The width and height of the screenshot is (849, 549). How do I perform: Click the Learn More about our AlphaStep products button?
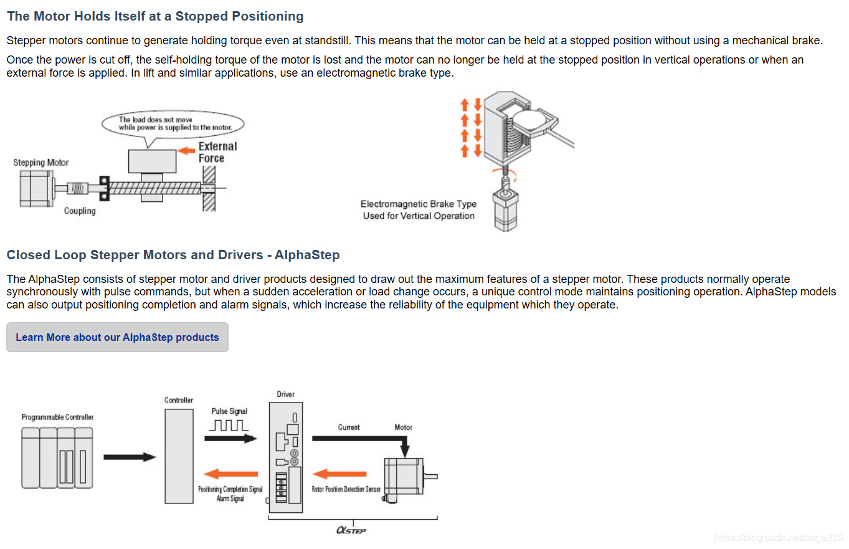[117, 337]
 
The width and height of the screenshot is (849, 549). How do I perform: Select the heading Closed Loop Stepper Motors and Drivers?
[173, 255]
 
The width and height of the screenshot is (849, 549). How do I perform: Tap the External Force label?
[217, 152]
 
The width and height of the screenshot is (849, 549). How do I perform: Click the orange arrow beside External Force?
[187, 150]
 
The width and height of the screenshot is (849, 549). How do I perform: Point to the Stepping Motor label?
[41, 163]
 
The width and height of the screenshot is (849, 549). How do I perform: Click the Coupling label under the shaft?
[80, 211]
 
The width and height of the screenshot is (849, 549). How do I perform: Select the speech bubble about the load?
[173, 123]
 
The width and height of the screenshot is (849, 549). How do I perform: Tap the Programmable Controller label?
[57, 417]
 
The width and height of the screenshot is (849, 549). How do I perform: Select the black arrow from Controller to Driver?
[230, 439]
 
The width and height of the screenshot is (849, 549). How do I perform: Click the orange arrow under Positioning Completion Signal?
[231, 474]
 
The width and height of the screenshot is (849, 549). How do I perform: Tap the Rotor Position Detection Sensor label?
[346, 489]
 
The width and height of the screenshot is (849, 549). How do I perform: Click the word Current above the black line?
[349, 427]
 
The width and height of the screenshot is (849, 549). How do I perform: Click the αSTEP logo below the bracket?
[351, 530]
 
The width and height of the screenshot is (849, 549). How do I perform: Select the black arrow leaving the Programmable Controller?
[129, 457]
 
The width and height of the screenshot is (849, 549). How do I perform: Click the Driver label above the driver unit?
[286, 394]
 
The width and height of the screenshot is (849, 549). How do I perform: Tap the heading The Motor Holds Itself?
[155, 16]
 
